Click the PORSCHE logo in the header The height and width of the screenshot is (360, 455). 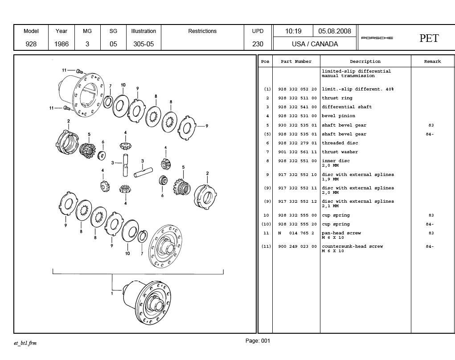pos(377,38)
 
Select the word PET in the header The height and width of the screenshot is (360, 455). pos(429,38)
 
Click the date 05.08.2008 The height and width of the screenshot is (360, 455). pos(335,31)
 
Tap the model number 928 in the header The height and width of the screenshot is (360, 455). pos(31,44)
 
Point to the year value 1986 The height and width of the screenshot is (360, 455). pos(61,44)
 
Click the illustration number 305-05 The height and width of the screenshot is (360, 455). pos(143,44)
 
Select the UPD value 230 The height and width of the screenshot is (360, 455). pos(258,44)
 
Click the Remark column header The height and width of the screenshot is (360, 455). pos(432,61)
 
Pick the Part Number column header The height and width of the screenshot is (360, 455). pos(296,61)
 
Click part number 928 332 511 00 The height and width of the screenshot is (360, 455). pos(297,98)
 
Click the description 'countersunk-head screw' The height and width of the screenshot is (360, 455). pos(352,246)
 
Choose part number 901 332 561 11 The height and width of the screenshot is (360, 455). pos(297,152)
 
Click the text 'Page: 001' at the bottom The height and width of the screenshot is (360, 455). pos(258,341)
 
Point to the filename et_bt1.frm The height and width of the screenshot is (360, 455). pos(25,343)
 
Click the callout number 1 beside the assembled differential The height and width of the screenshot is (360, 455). pos(112,293)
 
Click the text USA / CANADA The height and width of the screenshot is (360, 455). pos(315,44)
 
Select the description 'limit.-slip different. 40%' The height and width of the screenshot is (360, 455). pos(357,89)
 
